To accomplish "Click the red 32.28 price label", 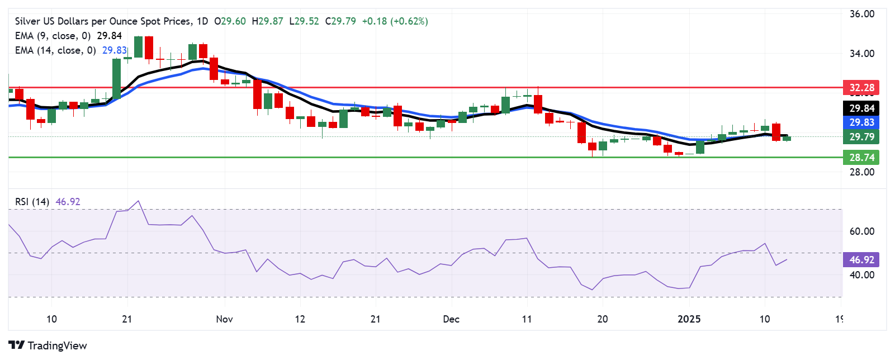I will (861, 88).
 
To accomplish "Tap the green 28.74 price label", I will (861, 158).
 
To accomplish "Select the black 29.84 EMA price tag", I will (861, 108).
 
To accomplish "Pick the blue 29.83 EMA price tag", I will (861, 122).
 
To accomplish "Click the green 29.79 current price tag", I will (861, 137).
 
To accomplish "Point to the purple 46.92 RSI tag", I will (861, 259).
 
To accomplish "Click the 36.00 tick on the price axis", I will (861, 14).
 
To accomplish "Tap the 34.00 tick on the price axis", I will (861, 54).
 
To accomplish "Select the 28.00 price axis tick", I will (861, 172).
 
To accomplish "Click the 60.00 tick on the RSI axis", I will (861, 231).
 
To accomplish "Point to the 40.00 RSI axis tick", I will (861, 275).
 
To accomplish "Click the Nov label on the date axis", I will (224, 319).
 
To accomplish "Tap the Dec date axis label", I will (451, 319).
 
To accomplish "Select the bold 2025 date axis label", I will (689, 319).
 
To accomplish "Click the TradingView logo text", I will (57, 345).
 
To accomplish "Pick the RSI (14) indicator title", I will (32, 202).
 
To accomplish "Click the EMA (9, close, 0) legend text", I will (53, 36).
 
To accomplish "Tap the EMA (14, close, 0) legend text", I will (55, 50).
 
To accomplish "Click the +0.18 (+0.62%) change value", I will (395, 21).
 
